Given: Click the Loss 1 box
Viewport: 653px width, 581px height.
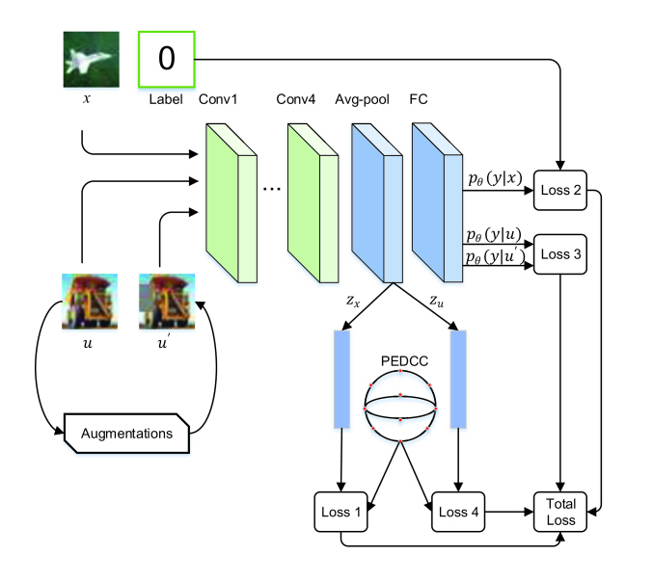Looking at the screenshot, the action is point(340,512).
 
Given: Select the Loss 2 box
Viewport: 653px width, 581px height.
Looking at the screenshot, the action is point(560,190).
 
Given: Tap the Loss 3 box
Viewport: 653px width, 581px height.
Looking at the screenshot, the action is point(560,254).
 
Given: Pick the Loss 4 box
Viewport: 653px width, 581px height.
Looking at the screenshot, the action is point(458,512).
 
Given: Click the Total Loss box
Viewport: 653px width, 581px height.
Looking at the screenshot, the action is point(560,512).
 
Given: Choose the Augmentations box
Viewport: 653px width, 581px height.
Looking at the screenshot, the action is point(126,434).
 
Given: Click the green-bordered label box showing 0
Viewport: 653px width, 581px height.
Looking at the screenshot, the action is point(167,59).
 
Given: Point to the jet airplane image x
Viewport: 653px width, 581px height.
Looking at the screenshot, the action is point(92,60).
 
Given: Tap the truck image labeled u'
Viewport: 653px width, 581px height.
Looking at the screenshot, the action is point(167,302).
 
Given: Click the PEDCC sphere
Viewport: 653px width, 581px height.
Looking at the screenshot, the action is point(400,406).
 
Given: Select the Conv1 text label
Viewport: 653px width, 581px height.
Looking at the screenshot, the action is point(218,99).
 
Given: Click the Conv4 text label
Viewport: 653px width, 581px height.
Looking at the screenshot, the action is point(296,99).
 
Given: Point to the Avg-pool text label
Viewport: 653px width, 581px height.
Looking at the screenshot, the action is point(362,100).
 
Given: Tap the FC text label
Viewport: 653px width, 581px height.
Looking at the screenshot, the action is point(419,99).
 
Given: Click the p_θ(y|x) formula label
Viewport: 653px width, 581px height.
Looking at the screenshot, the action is point(495,178).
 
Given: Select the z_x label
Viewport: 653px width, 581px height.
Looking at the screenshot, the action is point(353,301).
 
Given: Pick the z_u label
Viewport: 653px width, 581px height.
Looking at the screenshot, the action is point(436,301).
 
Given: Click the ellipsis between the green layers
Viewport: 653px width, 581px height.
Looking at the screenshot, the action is point(272,189).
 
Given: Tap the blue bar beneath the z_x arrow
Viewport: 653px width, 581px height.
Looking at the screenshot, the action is point(341,380).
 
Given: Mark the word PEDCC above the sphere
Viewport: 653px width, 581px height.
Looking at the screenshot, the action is point(404,361).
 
